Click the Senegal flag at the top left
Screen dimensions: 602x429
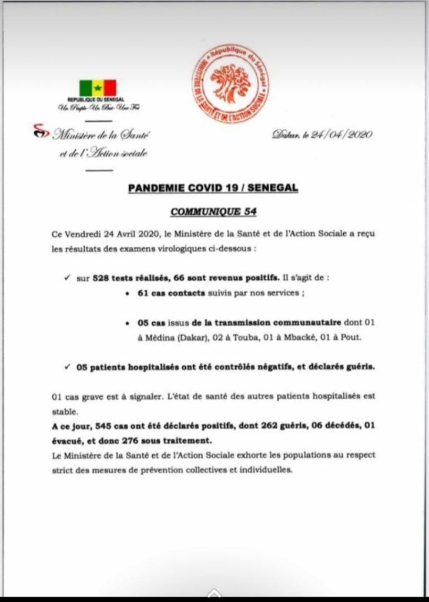point(98,88)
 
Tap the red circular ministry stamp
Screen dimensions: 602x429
point(230,83)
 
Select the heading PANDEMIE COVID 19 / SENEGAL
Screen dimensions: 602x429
point(213,188)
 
